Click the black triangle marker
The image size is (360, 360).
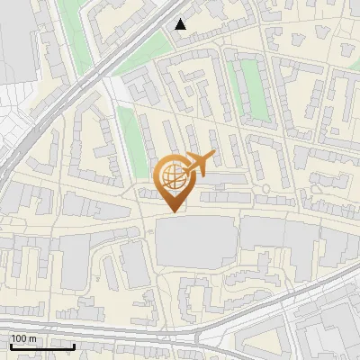point(182,24)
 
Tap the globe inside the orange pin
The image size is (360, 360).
point(173,175)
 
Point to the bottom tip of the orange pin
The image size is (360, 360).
point(173,212)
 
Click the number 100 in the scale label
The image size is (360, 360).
point(19,338)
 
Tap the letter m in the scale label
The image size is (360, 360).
point(32,338)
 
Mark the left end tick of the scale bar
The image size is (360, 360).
point(11,345)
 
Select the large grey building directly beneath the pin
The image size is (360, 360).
point(193,243)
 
